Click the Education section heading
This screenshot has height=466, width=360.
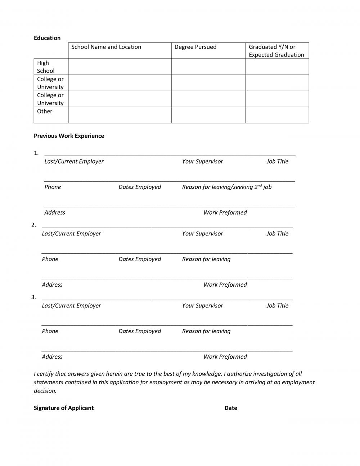pyautogui.click(x=47, y=38)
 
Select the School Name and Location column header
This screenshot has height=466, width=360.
pyautogui.click(x=106, y=47)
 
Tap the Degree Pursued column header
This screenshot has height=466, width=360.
pyautogui.click(x=195, y=47)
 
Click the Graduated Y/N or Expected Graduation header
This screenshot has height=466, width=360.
pyautogui.click(x=276, y=51)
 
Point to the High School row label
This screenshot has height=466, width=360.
pyautogui.click(x=46, y=67)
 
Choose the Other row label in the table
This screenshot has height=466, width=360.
pyautogui.click(x=45, y=111)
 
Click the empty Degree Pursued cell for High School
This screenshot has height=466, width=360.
pyautogui.click(x=208, y=67)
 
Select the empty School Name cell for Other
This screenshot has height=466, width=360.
pyautogui.click(x=120, y=115)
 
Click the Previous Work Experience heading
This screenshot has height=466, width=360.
pyautogui.click(x=69, y=136)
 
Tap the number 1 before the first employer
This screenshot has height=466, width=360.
pyautogui.click(x=36, y=153)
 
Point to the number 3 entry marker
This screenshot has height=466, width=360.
pyautogui.click(x=33, y=297)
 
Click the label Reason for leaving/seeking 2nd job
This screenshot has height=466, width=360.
pyautogui.click(x=227, y=187)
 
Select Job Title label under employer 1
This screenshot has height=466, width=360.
pyautogui.click(x=277, y=161)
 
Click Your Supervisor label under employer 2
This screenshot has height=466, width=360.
pyautogui.click(x=202, y=233)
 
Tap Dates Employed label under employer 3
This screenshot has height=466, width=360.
pyautogui.click(x=140, y=331)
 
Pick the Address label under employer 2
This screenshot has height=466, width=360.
pyautogui.click(x=52, y=284)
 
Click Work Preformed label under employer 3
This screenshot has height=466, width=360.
pyautogui.click(x=225, y=357)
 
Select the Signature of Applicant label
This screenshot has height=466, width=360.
pyautogui.click(x=64, y=408)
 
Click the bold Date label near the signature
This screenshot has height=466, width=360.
pyautogui.click(x=231, y=408)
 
